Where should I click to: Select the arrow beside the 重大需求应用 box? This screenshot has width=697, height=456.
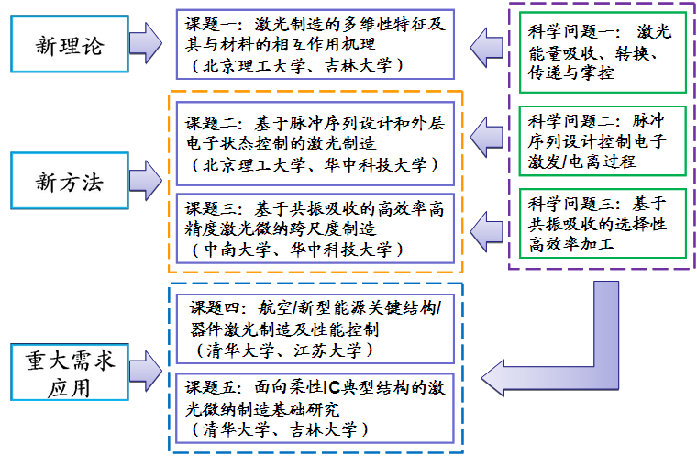(x=147, y=367)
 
